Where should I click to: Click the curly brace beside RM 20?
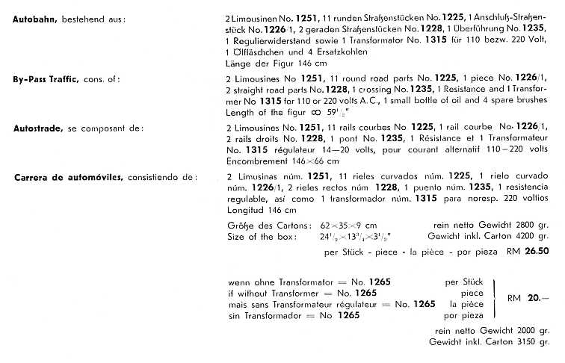(x=494, y=297)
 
